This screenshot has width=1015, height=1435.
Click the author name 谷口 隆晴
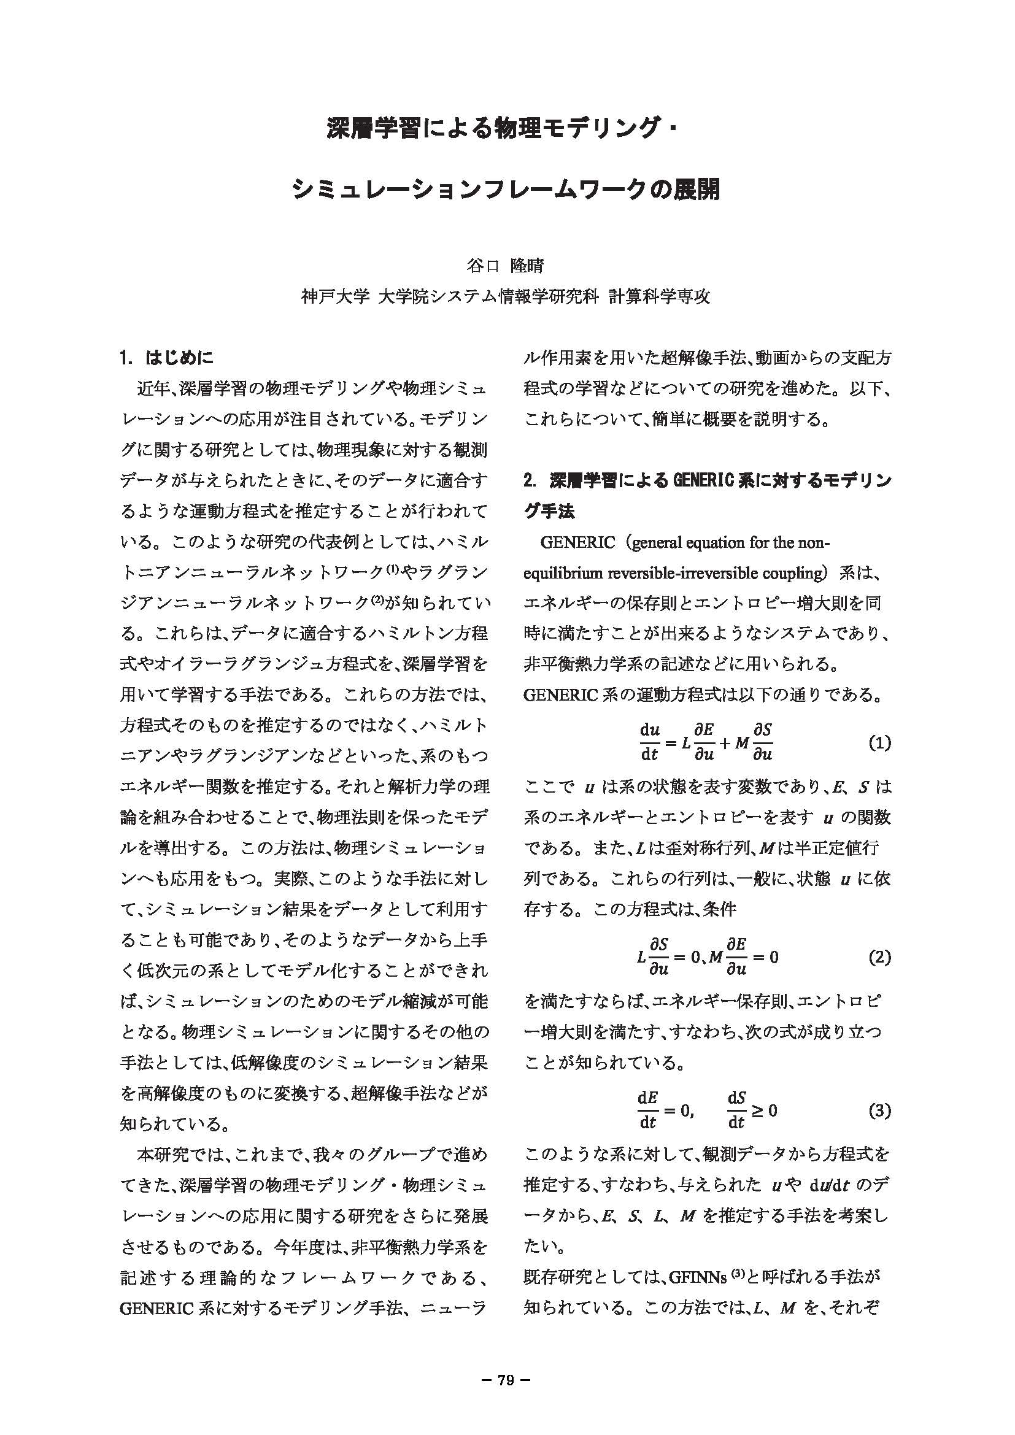[506, 266]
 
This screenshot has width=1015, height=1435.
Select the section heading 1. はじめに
[167, 358]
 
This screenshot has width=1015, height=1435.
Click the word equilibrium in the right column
[563, 573]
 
